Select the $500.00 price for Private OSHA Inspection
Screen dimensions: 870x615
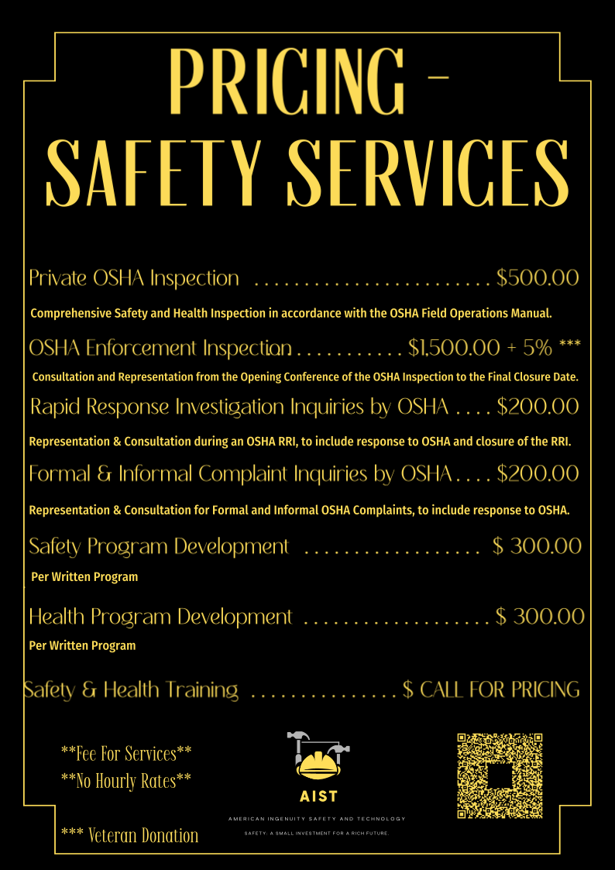[x=538, y=278]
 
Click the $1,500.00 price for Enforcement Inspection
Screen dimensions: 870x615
[x=454, y=348]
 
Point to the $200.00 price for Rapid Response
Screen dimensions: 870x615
[x=538, y=406]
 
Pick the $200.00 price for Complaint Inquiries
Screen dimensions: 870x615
[x=538, y=473]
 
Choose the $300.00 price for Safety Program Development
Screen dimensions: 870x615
[x=537, y=546]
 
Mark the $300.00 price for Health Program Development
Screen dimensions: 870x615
[x=540, y=617]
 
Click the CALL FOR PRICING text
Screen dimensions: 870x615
[x=500, y=689]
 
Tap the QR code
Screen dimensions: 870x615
[x=500, y=775]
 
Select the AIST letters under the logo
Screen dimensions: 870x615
[x=318, y=796]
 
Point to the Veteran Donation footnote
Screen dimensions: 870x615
[x=129, y=835]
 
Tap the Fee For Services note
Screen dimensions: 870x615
[x=126, y=752]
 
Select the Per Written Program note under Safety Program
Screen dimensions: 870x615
[x=84, y=577]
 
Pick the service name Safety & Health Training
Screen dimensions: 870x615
[x=132, y=689]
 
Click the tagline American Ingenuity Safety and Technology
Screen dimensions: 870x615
[x=317, y=819]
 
